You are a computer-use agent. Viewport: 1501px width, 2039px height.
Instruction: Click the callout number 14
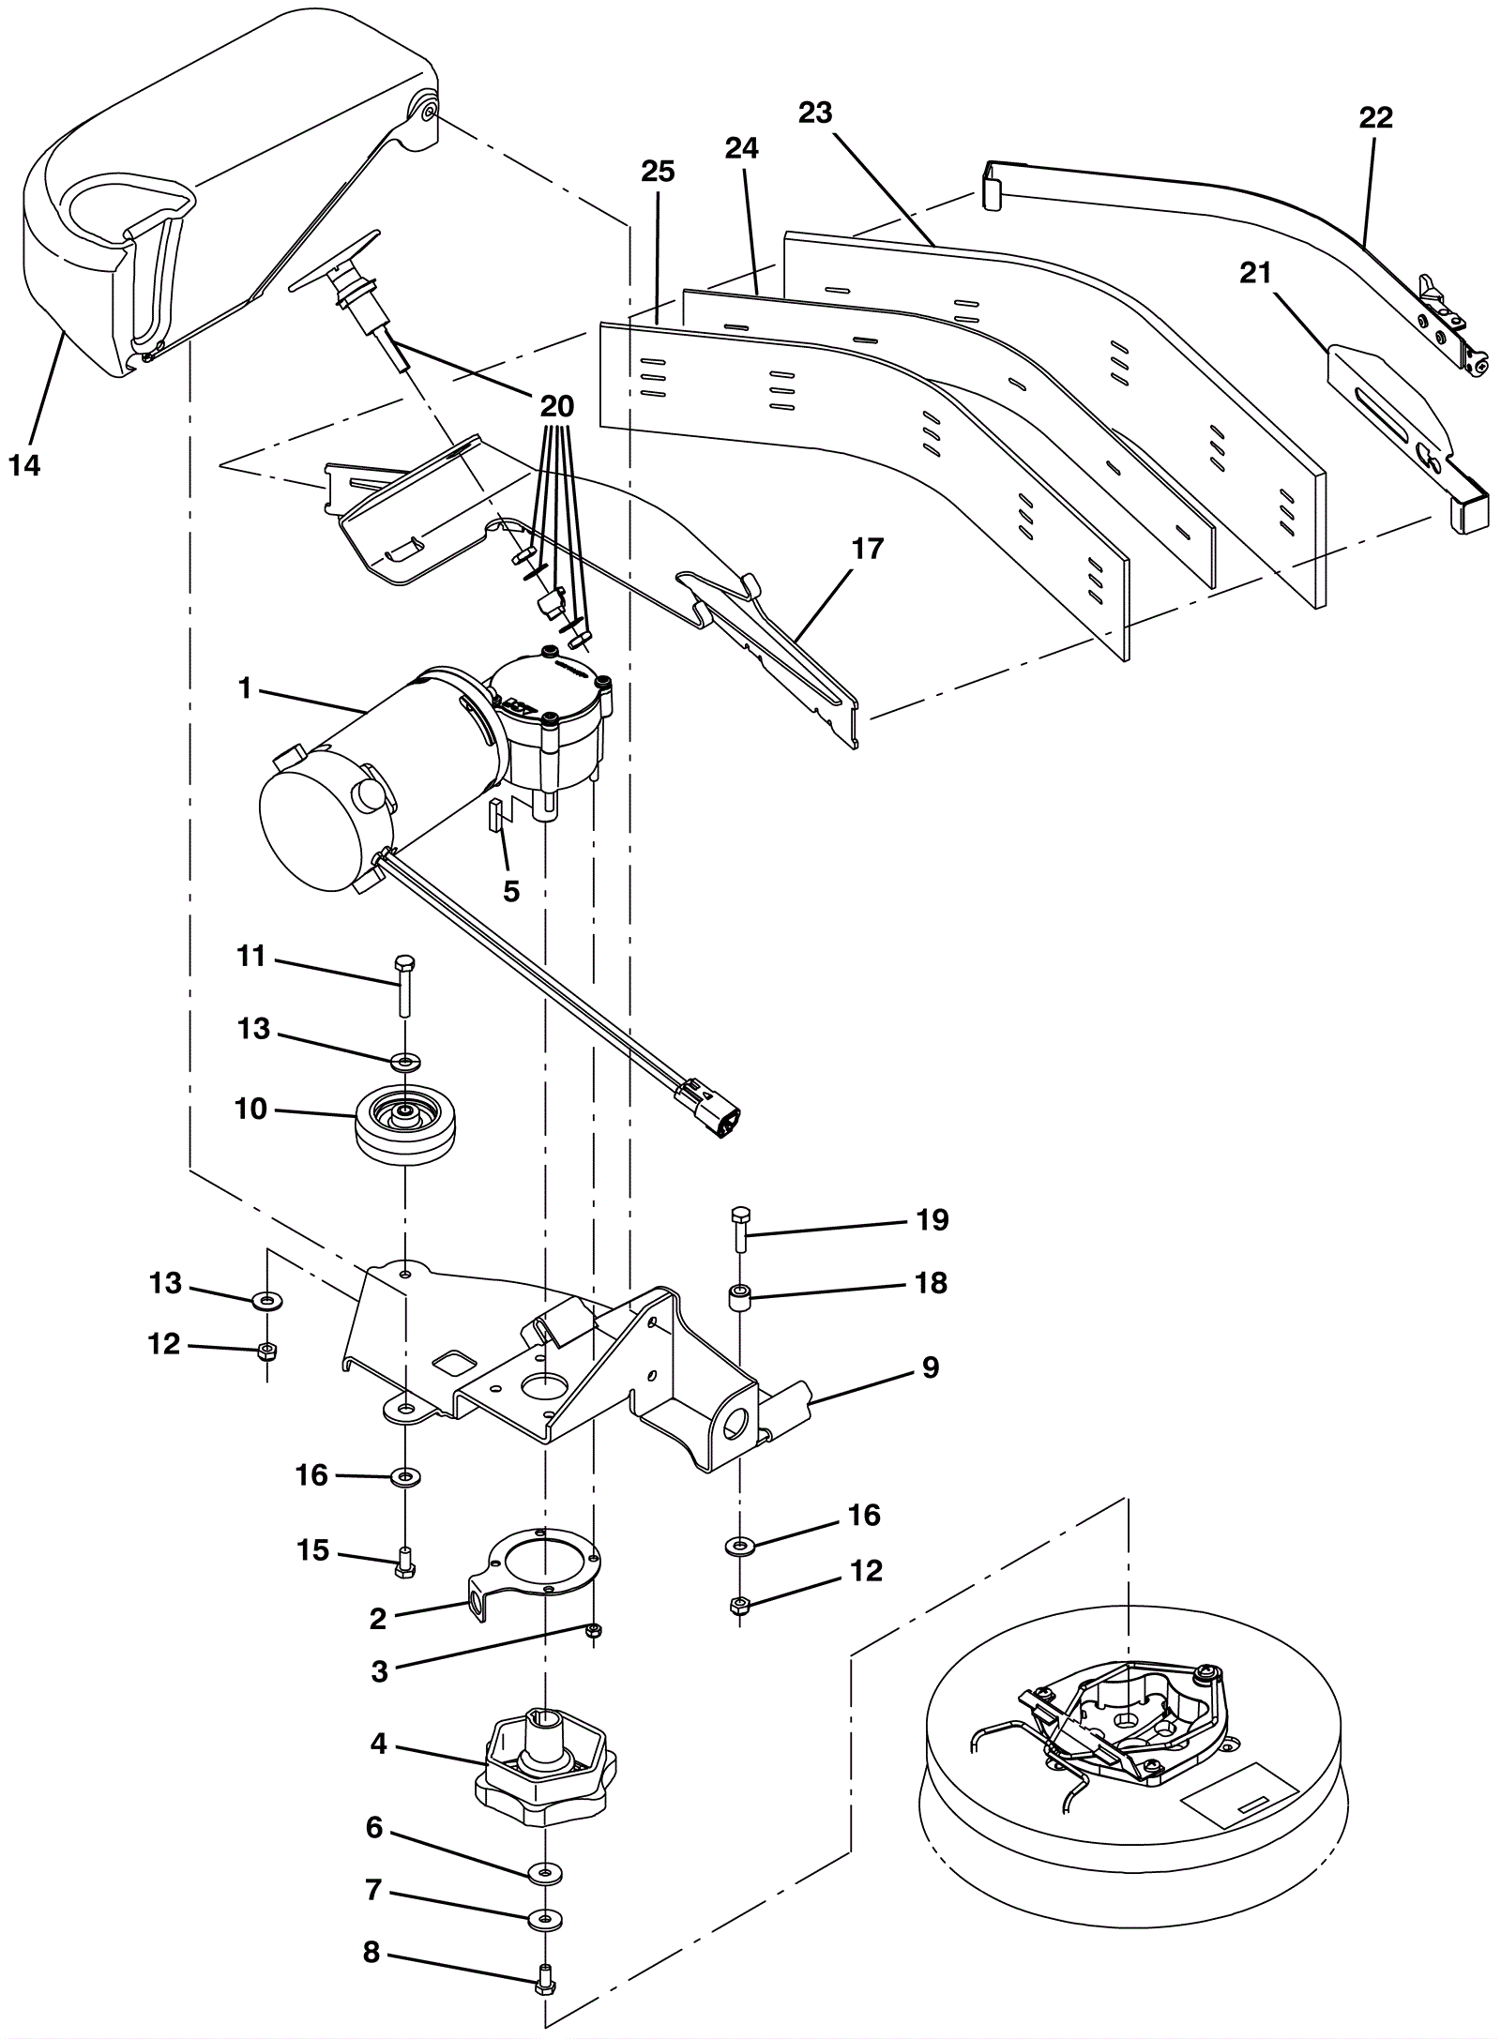point(25,464)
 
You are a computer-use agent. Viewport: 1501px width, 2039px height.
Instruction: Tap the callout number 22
point(1375,118)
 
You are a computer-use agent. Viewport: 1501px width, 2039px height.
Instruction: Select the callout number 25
point(658,172)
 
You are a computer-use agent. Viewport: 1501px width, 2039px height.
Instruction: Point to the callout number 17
point(868,548)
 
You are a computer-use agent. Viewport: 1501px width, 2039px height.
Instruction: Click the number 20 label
point(556,406)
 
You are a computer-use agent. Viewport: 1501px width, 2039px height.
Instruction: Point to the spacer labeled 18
point(740,1300)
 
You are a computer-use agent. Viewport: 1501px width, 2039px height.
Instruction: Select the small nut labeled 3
point(592,1631)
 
